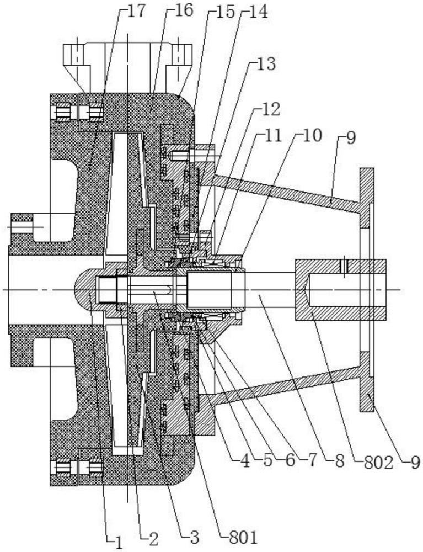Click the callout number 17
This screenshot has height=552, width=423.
point(136,12)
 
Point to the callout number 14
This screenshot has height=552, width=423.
point(255,12)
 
